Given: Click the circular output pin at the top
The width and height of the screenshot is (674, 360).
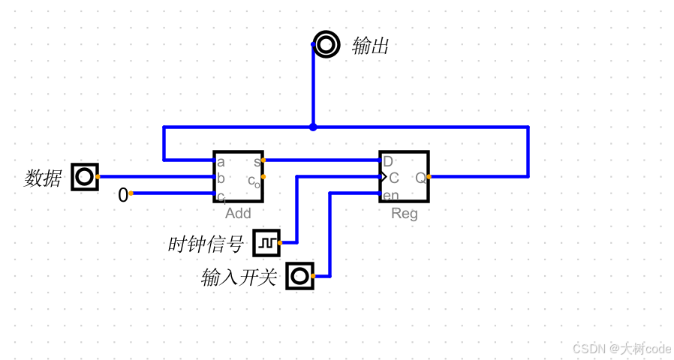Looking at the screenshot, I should pyautogui.click(x=326, y=45).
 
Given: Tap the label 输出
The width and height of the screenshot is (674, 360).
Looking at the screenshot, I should pyautogui.click(x=371, y=46).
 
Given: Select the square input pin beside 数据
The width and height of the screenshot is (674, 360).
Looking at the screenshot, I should pyautogui.click(x=85, y=177).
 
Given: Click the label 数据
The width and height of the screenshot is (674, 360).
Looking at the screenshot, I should pyautogui.click(x=43, y=178).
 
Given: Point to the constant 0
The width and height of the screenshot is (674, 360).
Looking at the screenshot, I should pyautogui.click(x=122, y=196).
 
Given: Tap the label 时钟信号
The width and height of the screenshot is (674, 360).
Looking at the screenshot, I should pyautogui.click(x=206, y=244).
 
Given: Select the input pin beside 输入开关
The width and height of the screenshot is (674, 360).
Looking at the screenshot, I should pyautogui.click(x=300, y=276).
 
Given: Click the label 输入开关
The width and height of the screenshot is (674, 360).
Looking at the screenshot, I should pyautogui.click(x=239, y=278).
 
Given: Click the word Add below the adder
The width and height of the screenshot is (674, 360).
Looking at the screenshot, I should pyautogui.click(x=238, y=214).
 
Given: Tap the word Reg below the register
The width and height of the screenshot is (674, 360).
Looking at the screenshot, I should pyautogui.click(x=404, y=214).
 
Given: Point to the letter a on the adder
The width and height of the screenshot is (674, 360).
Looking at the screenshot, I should pyautogui.click(x=221, y=162).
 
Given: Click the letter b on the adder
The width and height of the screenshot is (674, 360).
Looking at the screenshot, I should pyautogui.click(x=221, y=178).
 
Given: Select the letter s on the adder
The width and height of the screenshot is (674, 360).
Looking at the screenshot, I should pyautogui.click(x=257, y=161).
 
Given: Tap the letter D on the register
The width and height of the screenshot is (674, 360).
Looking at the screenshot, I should pyautogui.click(x=388, y=161).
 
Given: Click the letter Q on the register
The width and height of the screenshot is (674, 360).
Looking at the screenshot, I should pyautogui.click(x=420, y=178).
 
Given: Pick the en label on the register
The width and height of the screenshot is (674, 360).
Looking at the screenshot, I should pyautogui.click(x=390, y=196).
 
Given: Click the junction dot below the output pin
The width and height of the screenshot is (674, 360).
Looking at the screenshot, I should pyautogui.click(x=313, y=127).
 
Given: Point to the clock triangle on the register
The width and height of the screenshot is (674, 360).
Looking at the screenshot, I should pyautogui.click(x=383, y=178).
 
